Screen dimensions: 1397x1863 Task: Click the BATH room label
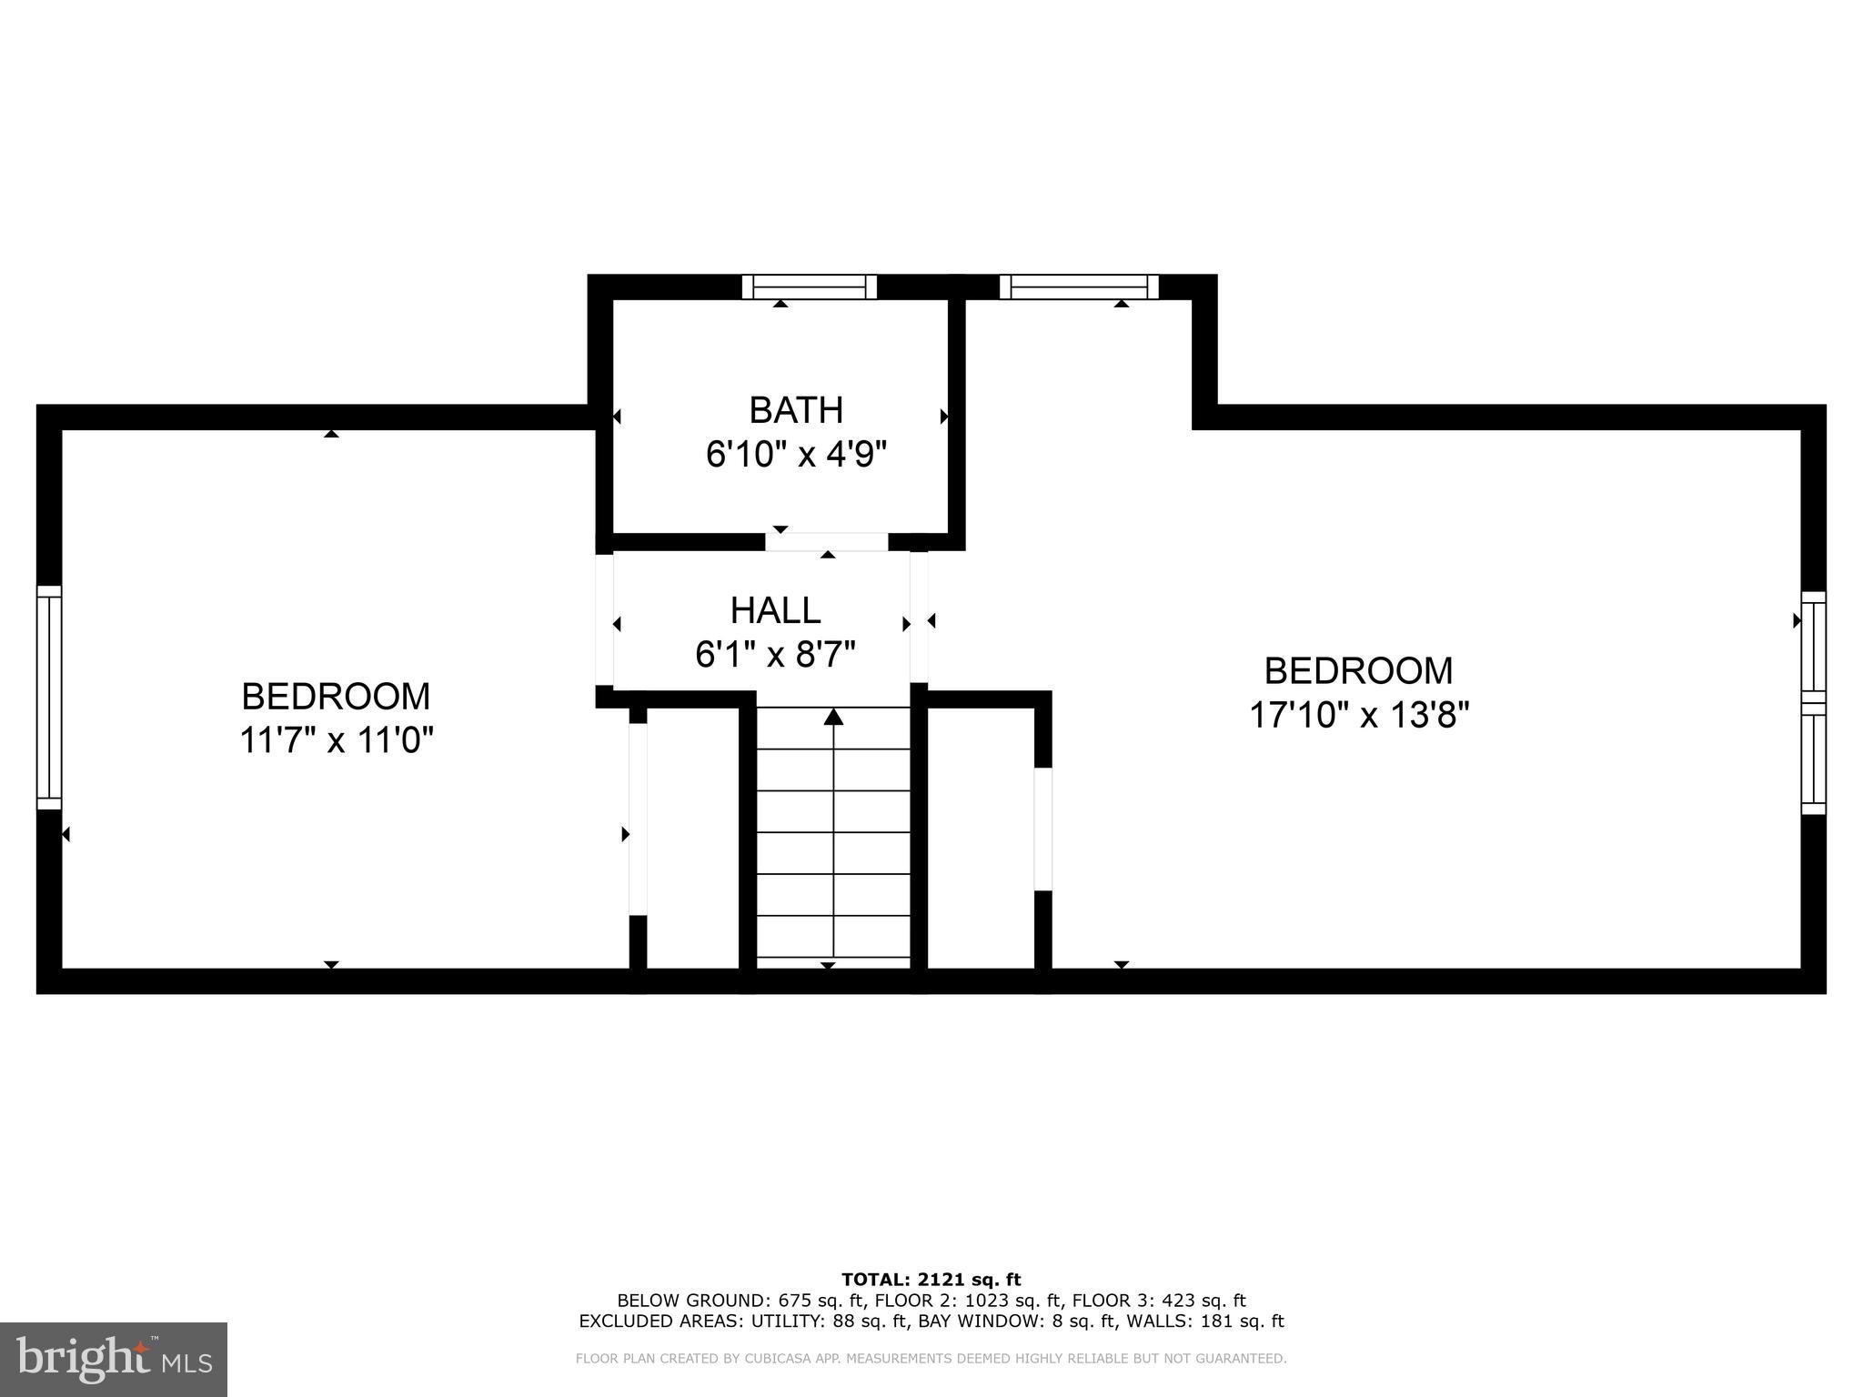point(796,410)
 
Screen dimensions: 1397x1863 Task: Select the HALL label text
point(775,610)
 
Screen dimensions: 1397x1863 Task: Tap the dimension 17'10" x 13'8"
point(1359,715)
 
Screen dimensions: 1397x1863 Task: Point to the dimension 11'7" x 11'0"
point(336,740)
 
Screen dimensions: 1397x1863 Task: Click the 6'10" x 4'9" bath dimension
point(796,454)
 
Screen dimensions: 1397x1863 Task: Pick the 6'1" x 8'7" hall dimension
point(775,654)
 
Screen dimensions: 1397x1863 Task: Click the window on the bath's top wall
point(809,287)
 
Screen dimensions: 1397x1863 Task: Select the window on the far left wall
point(49,698)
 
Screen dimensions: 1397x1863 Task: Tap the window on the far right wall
point(1813,703)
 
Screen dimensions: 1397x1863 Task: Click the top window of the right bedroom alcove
point(1079,287)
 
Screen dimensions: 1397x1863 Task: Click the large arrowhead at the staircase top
point(833,718)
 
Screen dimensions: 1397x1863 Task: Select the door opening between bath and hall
point(826,542)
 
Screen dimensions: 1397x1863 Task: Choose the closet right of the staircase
point(981,837)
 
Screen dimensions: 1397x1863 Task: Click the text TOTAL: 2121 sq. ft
point(931,1281)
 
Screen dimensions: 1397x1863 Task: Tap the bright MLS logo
point(114,1359)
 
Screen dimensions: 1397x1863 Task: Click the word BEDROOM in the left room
point(336,697)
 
